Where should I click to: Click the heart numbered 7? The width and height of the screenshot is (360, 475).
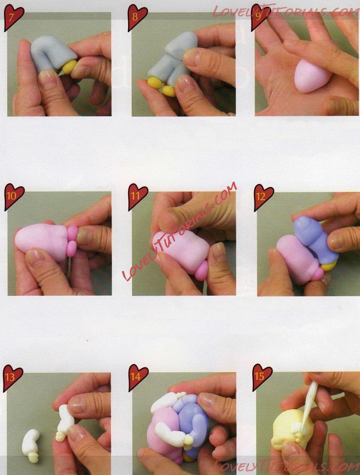[13, 18]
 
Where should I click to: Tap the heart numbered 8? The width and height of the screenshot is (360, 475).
[137, 18]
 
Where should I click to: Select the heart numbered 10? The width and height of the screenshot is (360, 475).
[14, 197]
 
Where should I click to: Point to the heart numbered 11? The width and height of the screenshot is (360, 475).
[138, 197]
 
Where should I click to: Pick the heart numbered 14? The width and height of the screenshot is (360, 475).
[138, 377]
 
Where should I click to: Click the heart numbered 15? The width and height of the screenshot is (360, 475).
[262, 377]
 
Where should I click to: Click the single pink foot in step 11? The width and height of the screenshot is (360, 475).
[201, 270]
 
